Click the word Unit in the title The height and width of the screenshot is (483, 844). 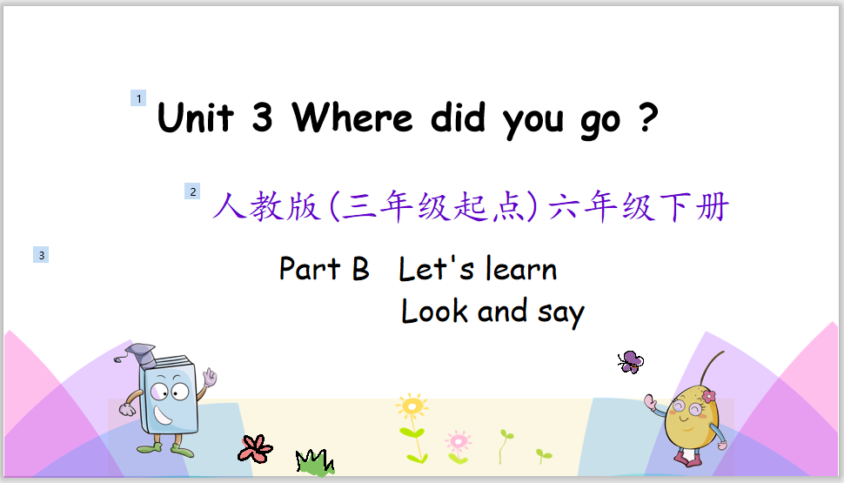tap(196, 117)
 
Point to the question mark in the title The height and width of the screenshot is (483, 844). tap(648, 117)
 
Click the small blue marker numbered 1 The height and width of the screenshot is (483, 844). tap(138, 98)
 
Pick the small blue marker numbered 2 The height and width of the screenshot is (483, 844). tap(192, 191)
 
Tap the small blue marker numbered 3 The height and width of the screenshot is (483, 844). tap(41, 255)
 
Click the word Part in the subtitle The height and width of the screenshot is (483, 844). tap(310, 268)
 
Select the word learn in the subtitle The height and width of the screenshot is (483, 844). tap(521, 268)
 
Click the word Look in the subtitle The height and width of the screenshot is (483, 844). tap(434, 311)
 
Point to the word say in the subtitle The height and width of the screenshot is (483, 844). tap(561, 313)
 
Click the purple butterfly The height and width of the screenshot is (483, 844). tap(630, 362)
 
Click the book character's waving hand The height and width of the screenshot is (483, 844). tap(210, 377)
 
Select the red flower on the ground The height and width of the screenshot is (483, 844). tap(255, 448)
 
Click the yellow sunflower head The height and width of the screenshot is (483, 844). tap(412, 406)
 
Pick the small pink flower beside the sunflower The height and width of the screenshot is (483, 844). tap(458, 441)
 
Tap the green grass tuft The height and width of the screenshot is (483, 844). tap(315, 462)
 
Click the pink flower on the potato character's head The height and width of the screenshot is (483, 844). tap(709, 397)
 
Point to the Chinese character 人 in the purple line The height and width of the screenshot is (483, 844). tap(230, 205)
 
